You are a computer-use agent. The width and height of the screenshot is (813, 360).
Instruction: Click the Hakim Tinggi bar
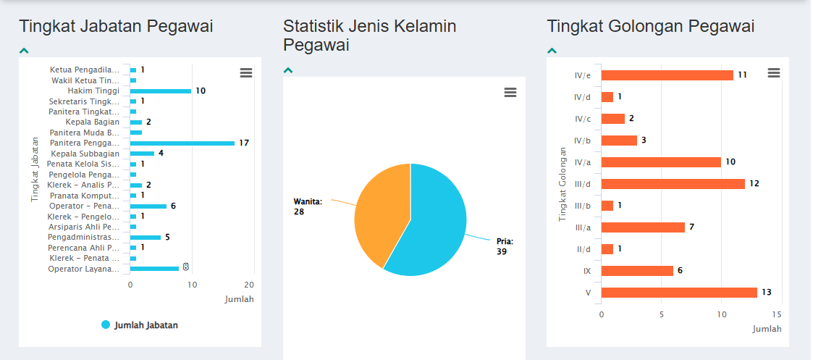(161, 91)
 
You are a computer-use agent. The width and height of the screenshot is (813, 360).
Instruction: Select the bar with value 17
(182, 143)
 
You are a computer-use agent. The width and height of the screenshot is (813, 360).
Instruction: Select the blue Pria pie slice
(434, 225)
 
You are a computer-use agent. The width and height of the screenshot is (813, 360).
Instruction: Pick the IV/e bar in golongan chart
(667, 75)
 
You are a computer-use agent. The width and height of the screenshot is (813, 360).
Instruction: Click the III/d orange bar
(673, 184)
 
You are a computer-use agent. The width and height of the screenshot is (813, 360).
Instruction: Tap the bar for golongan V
(679, 293)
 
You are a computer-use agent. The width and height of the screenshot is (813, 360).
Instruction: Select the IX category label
(587, 271)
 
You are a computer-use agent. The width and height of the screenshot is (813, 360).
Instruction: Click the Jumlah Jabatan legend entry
(140, 325)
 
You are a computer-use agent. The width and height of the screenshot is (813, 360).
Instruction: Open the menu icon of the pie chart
(510, 92)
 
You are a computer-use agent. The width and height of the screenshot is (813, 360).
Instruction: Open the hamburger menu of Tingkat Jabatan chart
(246, 72)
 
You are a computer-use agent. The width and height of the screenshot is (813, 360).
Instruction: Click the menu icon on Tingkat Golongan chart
(774, 72)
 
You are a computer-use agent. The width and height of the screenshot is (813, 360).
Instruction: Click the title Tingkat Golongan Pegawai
(651, 27)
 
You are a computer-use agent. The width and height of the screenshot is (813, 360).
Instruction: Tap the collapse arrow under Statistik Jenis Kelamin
(288, 70)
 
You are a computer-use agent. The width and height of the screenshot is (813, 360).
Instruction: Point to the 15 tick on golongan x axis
(777, 315)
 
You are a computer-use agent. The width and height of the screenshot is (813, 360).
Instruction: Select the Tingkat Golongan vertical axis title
(563, 184)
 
